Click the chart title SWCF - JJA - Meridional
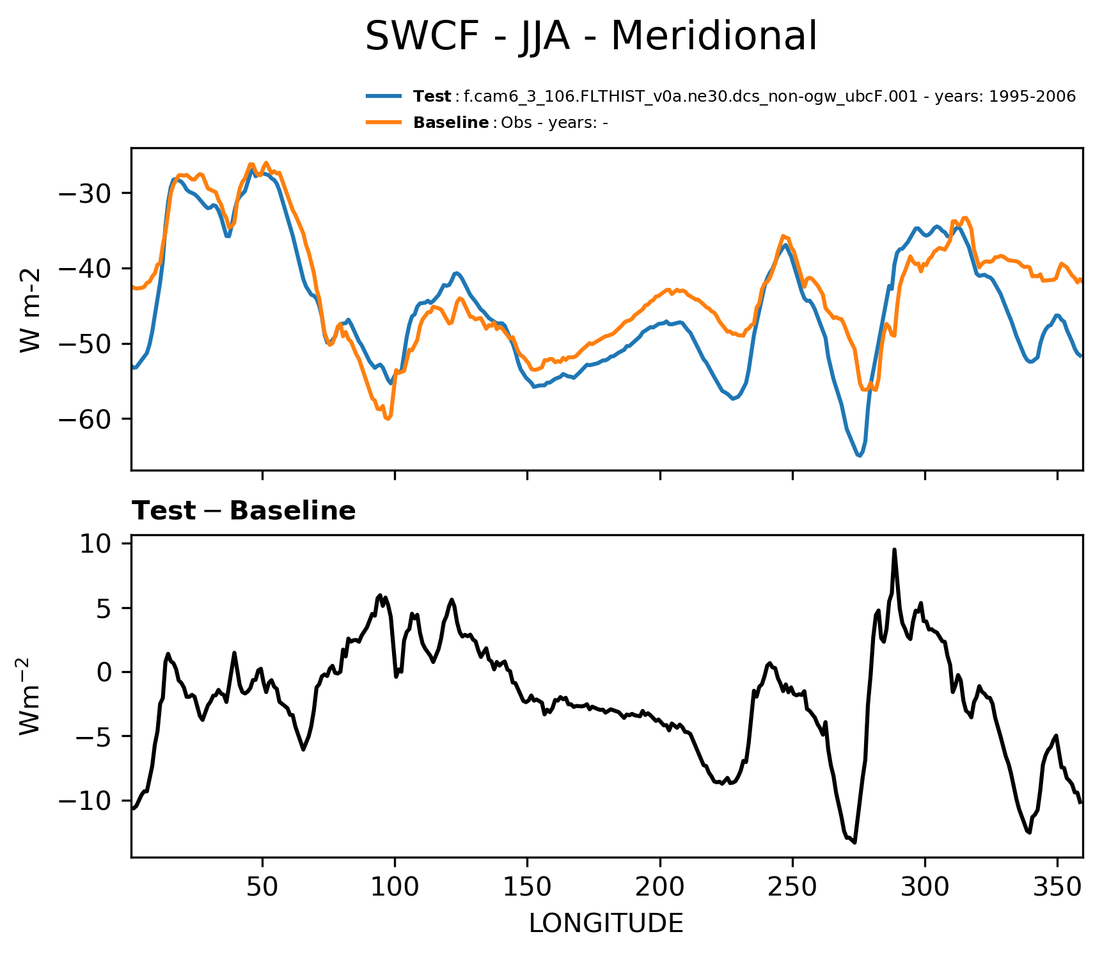590,36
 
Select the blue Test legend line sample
384,97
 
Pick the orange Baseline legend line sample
384,122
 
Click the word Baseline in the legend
451,123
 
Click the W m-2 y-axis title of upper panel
30,310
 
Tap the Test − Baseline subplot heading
244,511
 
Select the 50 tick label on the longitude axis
262,887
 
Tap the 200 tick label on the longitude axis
660,887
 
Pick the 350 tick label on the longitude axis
1057,887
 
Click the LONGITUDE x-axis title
606,924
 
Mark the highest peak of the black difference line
894,550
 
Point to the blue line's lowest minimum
860,455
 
